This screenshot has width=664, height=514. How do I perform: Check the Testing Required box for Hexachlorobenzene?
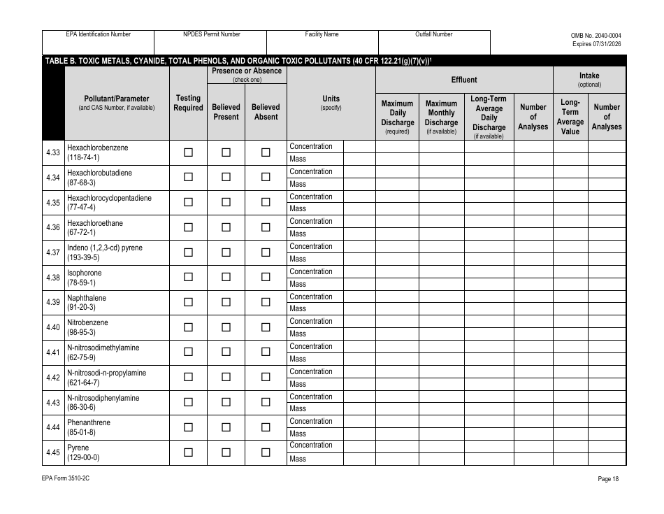188,152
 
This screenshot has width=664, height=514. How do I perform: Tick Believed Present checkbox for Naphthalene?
226,302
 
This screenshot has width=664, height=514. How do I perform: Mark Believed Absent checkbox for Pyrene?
266,452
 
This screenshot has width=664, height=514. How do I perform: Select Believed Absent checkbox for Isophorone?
266,277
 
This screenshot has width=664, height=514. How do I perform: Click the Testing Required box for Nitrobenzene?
188,327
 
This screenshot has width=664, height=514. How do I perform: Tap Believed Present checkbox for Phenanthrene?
226,427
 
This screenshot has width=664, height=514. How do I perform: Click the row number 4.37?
52,252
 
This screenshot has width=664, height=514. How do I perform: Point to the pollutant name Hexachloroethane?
95,223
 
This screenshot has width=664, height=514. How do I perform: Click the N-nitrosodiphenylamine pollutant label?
103,398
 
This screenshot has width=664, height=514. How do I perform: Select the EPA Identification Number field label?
98,34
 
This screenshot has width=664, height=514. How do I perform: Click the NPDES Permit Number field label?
211,34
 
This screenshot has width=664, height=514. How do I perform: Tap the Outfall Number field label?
434,34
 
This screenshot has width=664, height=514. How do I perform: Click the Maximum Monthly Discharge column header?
441,117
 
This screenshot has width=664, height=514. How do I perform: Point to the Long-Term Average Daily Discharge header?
489,117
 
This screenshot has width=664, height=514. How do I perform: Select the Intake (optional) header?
589,80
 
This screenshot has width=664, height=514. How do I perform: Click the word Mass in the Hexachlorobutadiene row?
298,184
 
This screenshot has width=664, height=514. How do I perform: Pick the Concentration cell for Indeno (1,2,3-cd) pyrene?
311,246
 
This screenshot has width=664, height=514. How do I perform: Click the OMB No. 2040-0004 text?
596,35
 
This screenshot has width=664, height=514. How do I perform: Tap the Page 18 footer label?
608,479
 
